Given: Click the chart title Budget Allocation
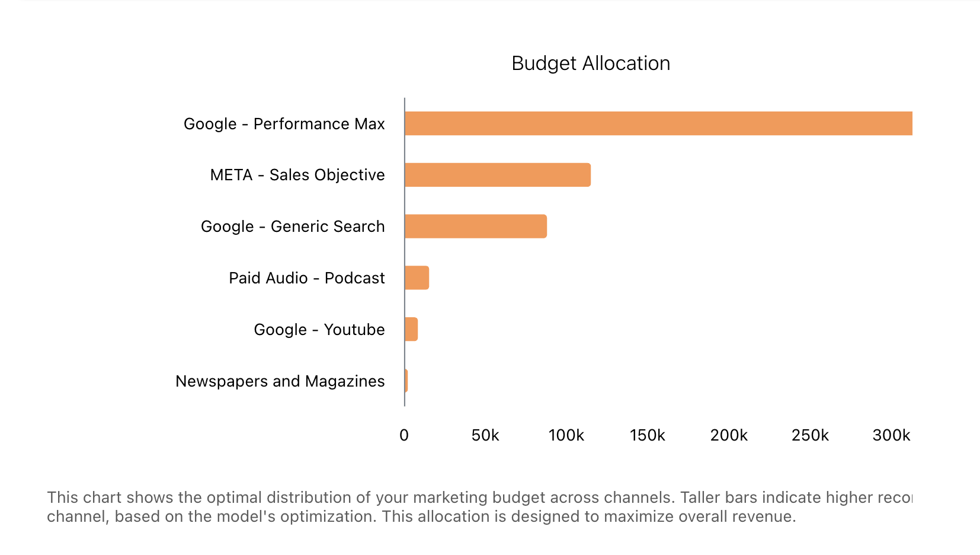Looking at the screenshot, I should point(591,63).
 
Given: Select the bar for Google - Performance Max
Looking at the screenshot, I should point(658,123).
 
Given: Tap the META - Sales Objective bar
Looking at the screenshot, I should point(498,175).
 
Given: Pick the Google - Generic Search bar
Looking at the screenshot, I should point(476,227).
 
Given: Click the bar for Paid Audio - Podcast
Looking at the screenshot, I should point(417,278).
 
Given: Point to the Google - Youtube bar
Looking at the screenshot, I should point(411,329).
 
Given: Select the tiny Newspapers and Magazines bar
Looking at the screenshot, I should point(406,381).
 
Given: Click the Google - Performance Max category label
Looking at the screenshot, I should point(284,124).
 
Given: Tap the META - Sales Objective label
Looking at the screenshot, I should point(297,175).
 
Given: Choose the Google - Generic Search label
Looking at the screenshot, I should point(293,227).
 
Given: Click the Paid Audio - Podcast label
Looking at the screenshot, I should point(307,278).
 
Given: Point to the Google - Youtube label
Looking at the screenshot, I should point(319,330).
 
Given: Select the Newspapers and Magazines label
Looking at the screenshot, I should point(280,381).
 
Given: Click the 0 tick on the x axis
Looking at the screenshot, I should point(404,436).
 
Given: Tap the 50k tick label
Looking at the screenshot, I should point(485,436).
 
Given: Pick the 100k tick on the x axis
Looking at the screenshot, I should point(566,436).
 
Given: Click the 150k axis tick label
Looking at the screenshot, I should point(648,436).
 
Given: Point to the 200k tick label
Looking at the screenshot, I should point(729,436).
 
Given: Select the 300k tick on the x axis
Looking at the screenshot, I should point(891,436).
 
